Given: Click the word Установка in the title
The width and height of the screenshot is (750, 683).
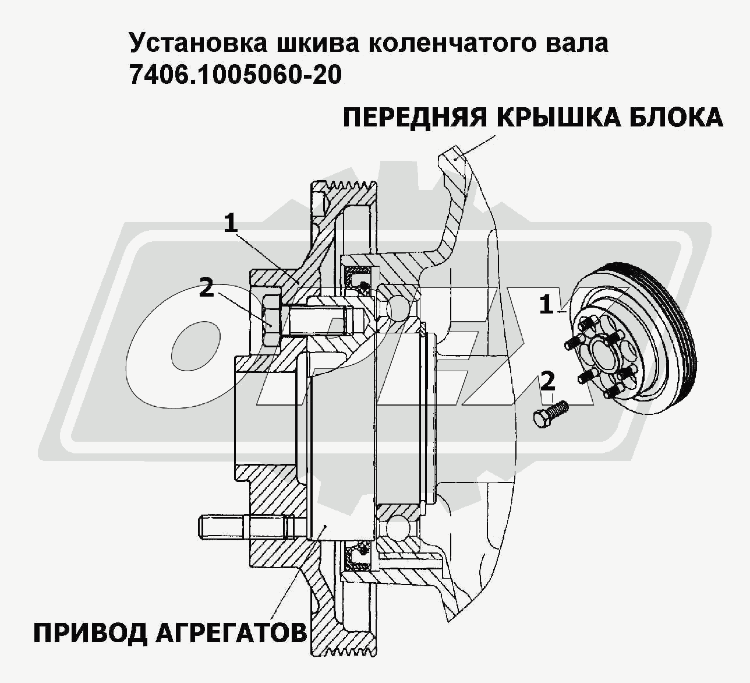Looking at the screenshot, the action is tap(199, 44).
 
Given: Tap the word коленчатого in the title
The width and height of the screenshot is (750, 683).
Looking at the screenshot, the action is tap(453, 44).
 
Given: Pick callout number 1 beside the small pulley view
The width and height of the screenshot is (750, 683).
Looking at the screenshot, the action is tap(546, 305).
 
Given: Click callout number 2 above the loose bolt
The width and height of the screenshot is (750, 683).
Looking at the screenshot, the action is tap(548, 382).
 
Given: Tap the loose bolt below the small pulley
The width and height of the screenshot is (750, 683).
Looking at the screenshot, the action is tap(550, 413).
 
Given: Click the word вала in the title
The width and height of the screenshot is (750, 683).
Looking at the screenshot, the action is tap(578, 44).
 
